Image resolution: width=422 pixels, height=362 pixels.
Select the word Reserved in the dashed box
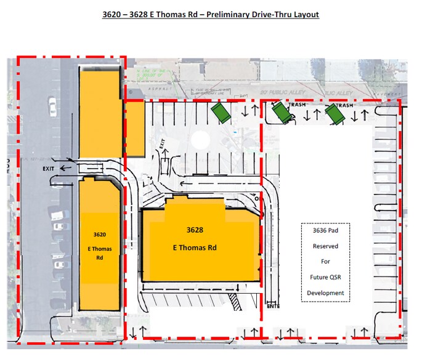325,246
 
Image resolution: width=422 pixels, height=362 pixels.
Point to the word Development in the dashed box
325,292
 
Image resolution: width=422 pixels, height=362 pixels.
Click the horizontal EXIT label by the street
50,167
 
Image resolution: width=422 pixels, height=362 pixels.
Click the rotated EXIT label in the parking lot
163,145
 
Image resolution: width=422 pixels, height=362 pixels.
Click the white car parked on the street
52,108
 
